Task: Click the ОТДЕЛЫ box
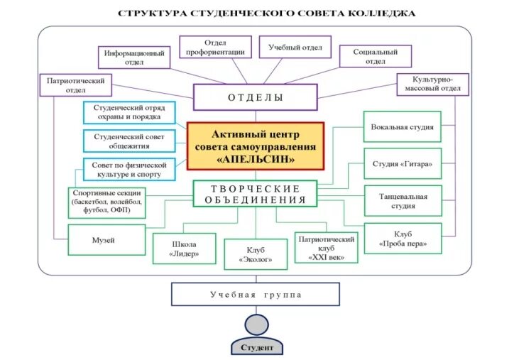click(255, 97)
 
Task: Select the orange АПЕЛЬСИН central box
click(255, 146)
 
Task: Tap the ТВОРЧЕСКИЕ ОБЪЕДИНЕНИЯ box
click(255, 194)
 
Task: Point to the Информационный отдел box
click(134, 58)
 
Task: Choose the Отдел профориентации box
click(215, 48)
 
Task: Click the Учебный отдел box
click(295, 48)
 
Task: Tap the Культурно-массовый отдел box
click(432, 84)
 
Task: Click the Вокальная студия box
click(402, 127)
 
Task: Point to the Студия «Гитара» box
click(402, 164)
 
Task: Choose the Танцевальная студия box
click(402, 201)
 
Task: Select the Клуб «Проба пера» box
click(402, 239)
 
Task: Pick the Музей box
click(103, 240)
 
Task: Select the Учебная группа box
click(255, 294)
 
